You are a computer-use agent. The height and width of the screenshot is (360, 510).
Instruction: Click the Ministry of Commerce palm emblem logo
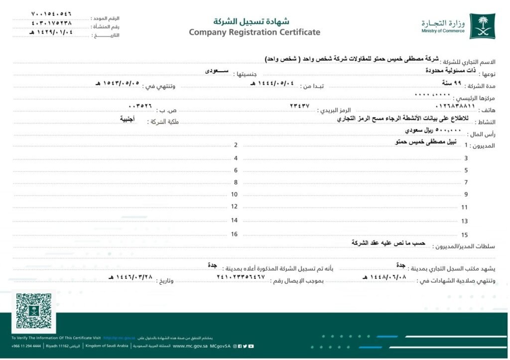tap(481, 25)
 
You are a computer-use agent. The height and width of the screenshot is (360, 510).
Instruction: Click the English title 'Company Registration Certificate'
tap(255, 32)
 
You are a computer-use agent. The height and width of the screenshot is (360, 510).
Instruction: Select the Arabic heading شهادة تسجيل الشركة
tap(251, 21)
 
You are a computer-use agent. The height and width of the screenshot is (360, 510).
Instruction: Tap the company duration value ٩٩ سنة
tap(450, 82)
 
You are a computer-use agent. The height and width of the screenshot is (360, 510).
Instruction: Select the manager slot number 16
tap(234, 234)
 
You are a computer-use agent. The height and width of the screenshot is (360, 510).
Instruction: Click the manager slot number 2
tap(236, 145)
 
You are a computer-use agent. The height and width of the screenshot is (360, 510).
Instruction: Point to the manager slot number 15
tap(465, 235)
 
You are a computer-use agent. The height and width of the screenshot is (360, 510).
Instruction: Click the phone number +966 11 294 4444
tap(26, 346)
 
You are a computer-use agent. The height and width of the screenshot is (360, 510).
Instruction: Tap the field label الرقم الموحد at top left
tap(105, 18)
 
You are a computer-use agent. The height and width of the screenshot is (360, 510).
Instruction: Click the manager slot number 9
tap(466, 194)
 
